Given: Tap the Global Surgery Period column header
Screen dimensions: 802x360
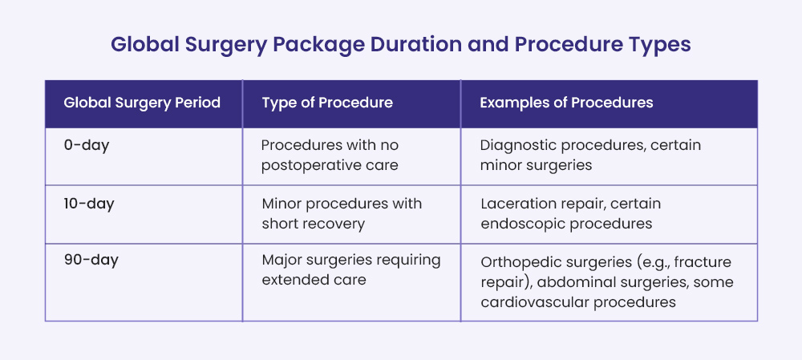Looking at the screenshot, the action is (142, 103).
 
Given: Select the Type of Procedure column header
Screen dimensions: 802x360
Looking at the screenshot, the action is (327, 103).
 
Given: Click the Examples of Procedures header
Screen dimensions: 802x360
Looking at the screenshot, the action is (566, 103).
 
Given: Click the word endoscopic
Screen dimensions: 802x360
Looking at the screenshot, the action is (520, 224).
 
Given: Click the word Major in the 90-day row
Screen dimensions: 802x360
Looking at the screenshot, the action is (280, 261).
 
